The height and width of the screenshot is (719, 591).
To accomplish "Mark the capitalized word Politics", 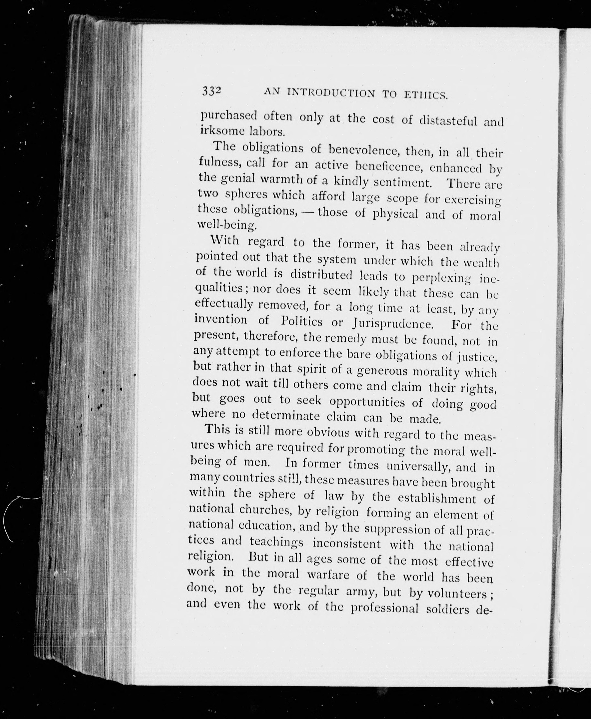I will click(302, 321).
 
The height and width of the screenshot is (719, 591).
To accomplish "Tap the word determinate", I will click(286, 416).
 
